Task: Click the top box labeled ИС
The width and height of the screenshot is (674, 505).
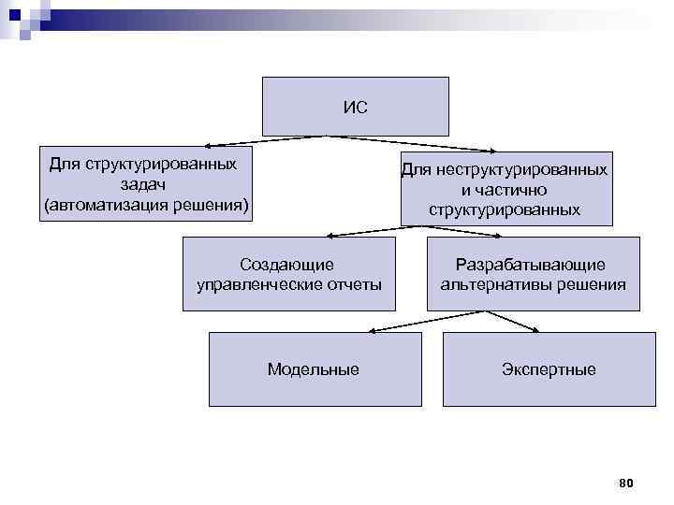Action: pos(355,107)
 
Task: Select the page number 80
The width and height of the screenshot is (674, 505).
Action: pos(626,483)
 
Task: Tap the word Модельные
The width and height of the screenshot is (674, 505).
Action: pos(313,369)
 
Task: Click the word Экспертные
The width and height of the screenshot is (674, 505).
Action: pos(548,369)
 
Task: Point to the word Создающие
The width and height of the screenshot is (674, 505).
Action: pos(286,265)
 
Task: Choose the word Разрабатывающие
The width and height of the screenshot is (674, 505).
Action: pos(531,265)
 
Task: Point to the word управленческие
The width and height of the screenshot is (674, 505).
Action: pos(259,284)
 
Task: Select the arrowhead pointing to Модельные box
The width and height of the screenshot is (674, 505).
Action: pos(372,330)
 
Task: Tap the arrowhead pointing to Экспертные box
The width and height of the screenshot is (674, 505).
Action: pos(535,330)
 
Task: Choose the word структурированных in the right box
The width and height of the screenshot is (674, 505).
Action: pos(505,209)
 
